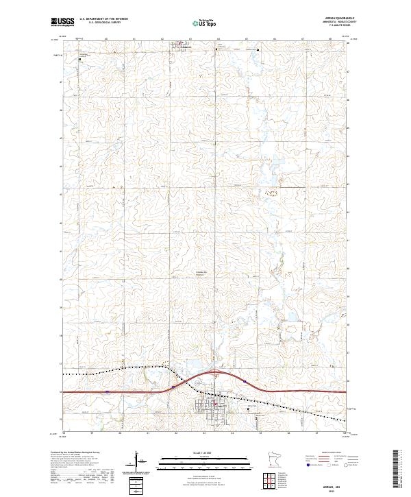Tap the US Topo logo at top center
[x=204, y=23]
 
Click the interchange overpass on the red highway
[x=214, y=373]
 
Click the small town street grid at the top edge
[x=182, y=47]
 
